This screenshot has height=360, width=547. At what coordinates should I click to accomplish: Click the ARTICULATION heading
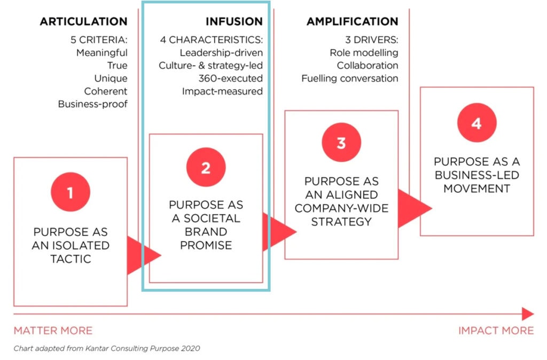(83, 21)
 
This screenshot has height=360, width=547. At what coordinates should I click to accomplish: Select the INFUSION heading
(234, 21)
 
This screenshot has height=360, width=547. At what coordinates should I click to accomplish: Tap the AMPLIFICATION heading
(353, 21)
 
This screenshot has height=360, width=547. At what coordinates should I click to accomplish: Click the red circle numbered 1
(71, 192)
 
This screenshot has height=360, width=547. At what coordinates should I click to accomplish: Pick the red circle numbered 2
(206, 167)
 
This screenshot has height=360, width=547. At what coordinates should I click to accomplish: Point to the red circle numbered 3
(341, 142)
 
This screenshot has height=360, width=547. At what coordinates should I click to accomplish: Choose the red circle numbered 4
(476, 122)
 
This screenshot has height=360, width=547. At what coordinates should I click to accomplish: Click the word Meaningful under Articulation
(102, 53)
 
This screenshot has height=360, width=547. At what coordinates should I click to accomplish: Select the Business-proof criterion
(93, 104)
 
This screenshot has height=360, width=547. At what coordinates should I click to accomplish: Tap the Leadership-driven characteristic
(221, 53)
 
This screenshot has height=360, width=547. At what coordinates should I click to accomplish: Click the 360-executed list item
(231, 79)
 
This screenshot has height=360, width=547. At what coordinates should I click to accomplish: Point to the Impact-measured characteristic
(222, 91)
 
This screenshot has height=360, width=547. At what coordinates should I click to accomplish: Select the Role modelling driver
(364, 53)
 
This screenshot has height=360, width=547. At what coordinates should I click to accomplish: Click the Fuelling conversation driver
(350, 79)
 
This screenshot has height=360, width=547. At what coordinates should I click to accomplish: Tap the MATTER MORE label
(53, 330)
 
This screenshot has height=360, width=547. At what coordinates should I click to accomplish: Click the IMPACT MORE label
(496, 330)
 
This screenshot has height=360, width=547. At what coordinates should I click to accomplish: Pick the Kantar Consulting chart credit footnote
(107, 348)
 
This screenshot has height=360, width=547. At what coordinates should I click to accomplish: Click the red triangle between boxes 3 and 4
(414, 209)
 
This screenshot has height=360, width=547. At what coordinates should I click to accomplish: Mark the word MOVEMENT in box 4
(476, 189)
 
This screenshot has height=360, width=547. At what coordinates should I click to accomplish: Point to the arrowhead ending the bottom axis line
(528, 314)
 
